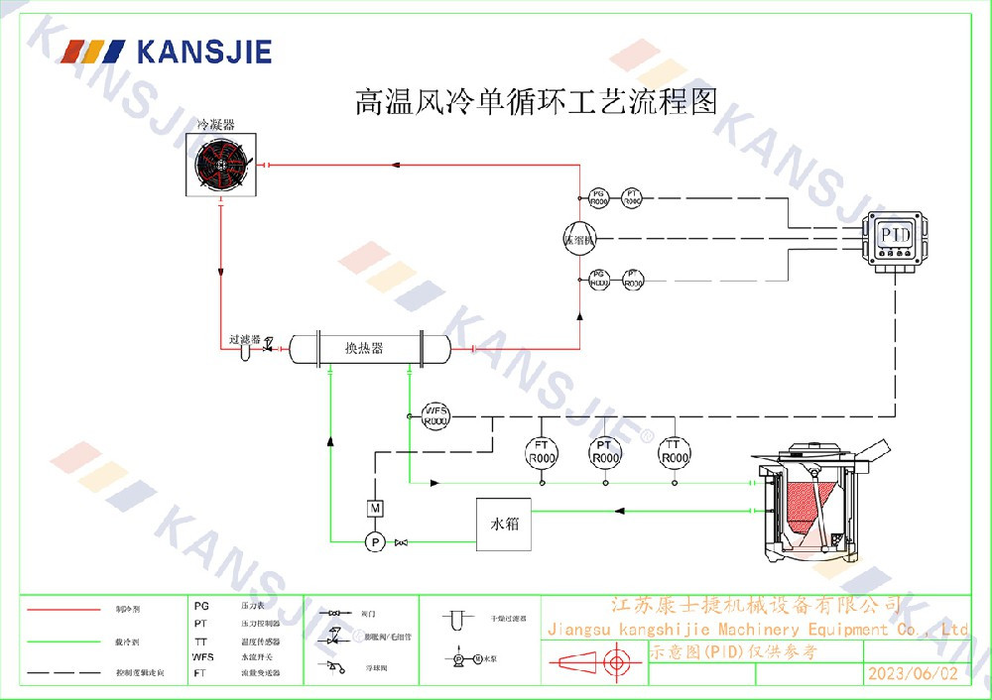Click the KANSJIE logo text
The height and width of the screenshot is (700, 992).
pyautogui.click(x=203, y=51)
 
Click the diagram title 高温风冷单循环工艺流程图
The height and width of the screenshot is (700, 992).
pyautogui.click(x=536, y=102)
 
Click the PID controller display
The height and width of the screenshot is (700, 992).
pyautogui.click(x=896, y=234)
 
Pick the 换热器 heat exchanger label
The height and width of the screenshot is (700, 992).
pyautogui.click(x=364, y=348)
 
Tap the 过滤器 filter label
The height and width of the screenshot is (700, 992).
pyautogui.click(x=244, y=339)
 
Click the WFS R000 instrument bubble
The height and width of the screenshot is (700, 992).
pyautogui.click(x=435, y=415)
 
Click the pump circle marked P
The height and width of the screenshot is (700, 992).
pyautogui.click(x=375, y=541)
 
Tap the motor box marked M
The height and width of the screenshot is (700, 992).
pyautogui.click(x=375, y=508)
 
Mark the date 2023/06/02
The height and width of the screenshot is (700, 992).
pyautogui.click(x=913, y=673)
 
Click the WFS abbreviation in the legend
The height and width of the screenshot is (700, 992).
pyautogui.click(x=202, y=656)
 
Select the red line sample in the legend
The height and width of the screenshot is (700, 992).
pyautogui.click(x=63, y=608)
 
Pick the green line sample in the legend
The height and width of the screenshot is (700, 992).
pyautogui.click(x=63, y=642)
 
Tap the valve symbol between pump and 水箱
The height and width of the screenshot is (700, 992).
pyautogui.click(x=401, y=542)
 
